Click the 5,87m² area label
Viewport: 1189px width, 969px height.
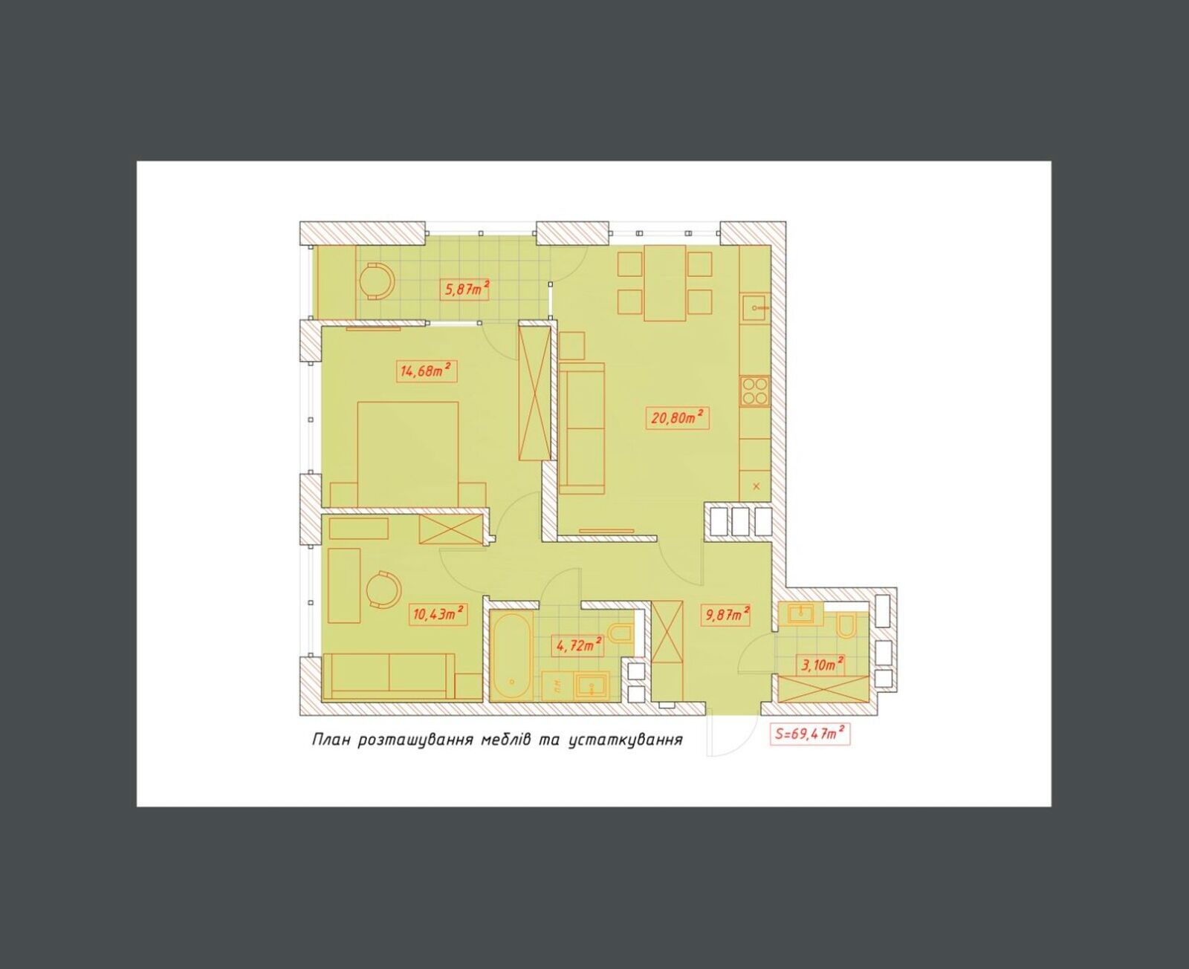[464, 290]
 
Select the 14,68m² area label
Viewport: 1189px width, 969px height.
[427, 371]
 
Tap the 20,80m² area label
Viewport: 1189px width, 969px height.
[677, 418]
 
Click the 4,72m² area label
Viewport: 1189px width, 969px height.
[579, 645]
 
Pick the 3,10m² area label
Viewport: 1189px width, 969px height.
[823, 665]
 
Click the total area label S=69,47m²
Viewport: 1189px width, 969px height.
[809, 734]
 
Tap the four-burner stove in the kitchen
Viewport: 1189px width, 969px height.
[755, 391]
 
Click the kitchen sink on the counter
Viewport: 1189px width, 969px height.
[754, 307]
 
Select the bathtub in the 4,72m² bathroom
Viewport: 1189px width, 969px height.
[511, 657]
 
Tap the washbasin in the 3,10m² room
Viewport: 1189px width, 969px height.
[800, 614]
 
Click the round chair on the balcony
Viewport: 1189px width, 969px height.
[376, 281]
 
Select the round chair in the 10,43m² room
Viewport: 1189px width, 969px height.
[383, 590]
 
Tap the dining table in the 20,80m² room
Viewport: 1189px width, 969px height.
[665, 283]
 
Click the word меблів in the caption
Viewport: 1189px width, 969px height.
[506, 739]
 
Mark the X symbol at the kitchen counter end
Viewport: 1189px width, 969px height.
[757, 486]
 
